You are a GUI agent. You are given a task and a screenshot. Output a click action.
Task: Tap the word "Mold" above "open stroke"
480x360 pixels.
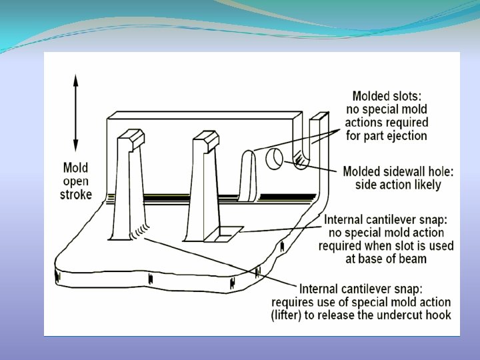[76, 168]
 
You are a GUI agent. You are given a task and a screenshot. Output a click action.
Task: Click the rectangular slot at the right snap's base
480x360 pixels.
[225, 234]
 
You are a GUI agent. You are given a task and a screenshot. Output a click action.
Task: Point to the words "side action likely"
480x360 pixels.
[398, 185]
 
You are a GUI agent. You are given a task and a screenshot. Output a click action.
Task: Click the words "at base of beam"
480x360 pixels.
[389, 258]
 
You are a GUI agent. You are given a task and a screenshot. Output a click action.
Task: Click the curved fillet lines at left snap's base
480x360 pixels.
[138, 230]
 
